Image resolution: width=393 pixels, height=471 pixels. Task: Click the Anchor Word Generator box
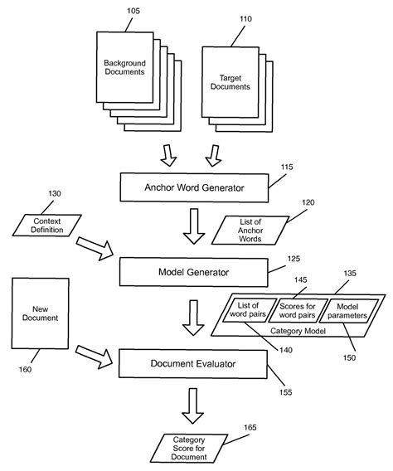pyautogui.click(x=194, y=187)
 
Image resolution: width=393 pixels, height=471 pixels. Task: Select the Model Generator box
pyautogui.click(x=194, y=270)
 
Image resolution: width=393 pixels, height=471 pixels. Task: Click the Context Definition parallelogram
pyautogui.click(x=48, y=224)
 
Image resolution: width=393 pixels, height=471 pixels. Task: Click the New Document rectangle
pyautogui.click(x=39, y=316)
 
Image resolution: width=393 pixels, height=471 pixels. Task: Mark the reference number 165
pyautogui.click(x=249, y=427)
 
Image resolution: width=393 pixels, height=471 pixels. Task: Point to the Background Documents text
pyautogui.click(x=124, y=67)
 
